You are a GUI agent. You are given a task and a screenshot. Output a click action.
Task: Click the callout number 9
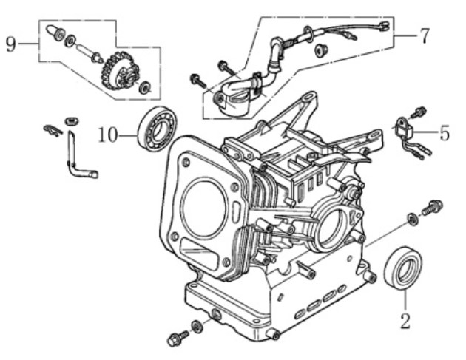coord(10,44)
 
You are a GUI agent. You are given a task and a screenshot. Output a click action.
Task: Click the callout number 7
coord(423,35)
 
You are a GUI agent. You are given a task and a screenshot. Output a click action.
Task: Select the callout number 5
coord(444,134)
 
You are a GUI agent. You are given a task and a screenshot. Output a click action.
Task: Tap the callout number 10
coord(107,135)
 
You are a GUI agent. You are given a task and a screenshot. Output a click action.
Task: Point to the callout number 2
coord(405,321)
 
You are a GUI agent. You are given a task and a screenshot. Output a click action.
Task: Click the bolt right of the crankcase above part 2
coord(431,208)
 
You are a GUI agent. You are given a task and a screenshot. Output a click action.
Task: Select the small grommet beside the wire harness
coord(322,50)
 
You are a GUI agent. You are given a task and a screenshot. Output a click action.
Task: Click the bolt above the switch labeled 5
coord(420,112)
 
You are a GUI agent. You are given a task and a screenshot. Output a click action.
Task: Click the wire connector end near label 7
coord(382,29)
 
